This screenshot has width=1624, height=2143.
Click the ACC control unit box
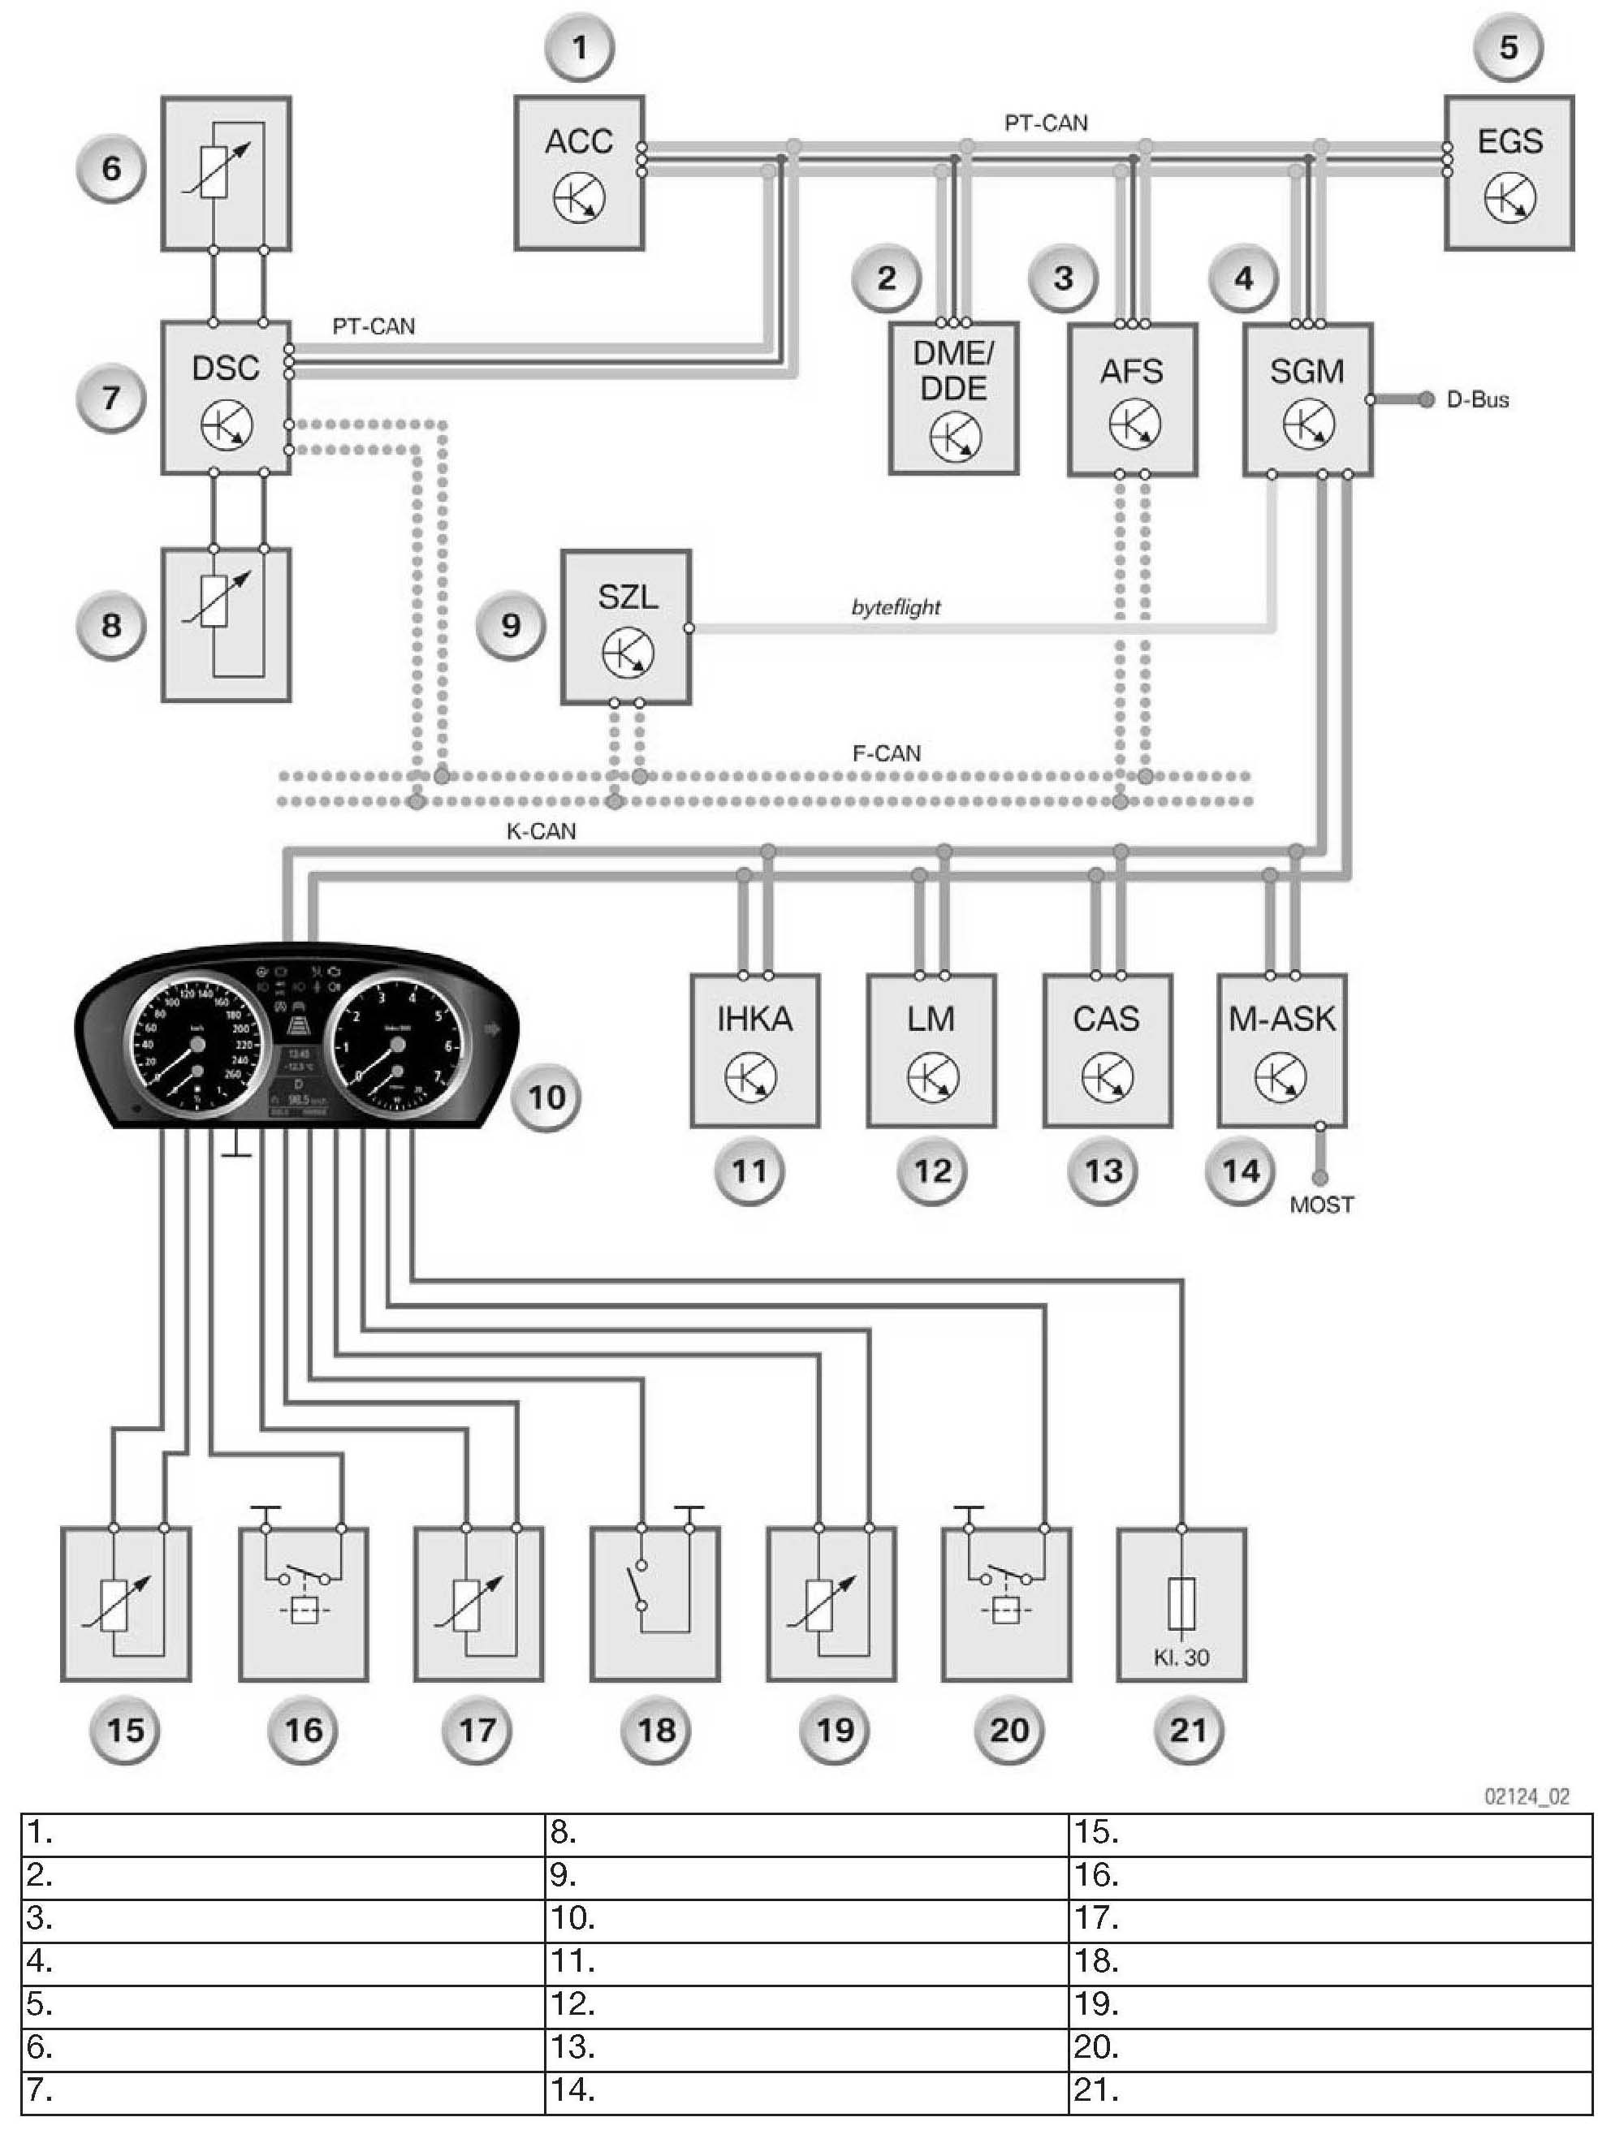click(578, 172)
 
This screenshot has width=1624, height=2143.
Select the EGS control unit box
click(1509, 172)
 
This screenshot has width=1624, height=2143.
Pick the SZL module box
click(626, 627)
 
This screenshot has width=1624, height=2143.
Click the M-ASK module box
click(1281, 1050)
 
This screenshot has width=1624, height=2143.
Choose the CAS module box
click(1107, 1050)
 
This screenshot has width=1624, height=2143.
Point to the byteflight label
click(896, 607)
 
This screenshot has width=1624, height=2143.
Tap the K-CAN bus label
click(541, 830)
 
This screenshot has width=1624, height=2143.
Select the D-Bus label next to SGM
click(1477, 399)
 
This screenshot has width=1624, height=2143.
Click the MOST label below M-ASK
click(1322, 1205)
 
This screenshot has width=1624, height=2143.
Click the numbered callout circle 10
click(546, 1097)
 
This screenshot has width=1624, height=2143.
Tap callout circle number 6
click(111, 169)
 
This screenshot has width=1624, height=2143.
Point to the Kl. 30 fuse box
click(1181, 1604)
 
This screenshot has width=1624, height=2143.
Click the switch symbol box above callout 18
click(655, 1604)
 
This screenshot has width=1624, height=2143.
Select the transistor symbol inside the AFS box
click(1134, 425)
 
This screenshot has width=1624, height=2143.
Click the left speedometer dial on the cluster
click(195, 1045)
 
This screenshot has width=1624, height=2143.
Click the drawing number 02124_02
click(1526, 1797)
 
